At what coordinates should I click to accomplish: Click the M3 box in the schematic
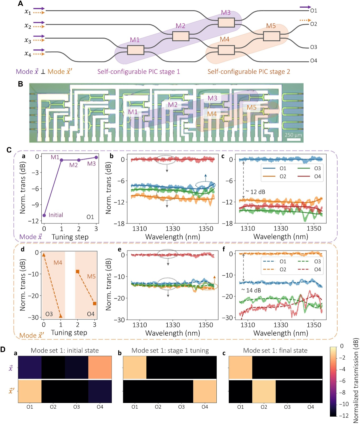pos(226,23)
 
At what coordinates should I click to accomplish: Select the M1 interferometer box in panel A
pos(136,50)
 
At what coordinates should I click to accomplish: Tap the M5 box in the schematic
pos(271,36)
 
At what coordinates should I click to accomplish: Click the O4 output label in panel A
pos(313,61)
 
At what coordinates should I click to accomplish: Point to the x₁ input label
pos(28,12)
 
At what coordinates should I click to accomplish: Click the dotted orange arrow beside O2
pos(305,20)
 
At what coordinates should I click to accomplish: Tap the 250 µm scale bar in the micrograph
pos(294,139)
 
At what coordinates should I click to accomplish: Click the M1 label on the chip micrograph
pos(133,112)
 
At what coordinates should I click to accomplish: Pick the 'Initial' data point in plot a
pos(44,215)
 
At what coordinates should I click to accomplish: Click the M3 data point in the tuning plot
pos(96,157)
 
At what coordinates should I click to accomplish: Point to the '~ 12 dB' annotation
pos(255,192)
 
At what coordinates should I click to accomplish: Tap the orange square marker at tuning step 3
pos(95,303)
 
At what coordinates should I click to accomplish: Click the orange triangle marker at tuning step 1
pos(61,316)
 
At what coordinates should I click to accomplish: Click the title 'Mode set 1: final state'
pos(275,350)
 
